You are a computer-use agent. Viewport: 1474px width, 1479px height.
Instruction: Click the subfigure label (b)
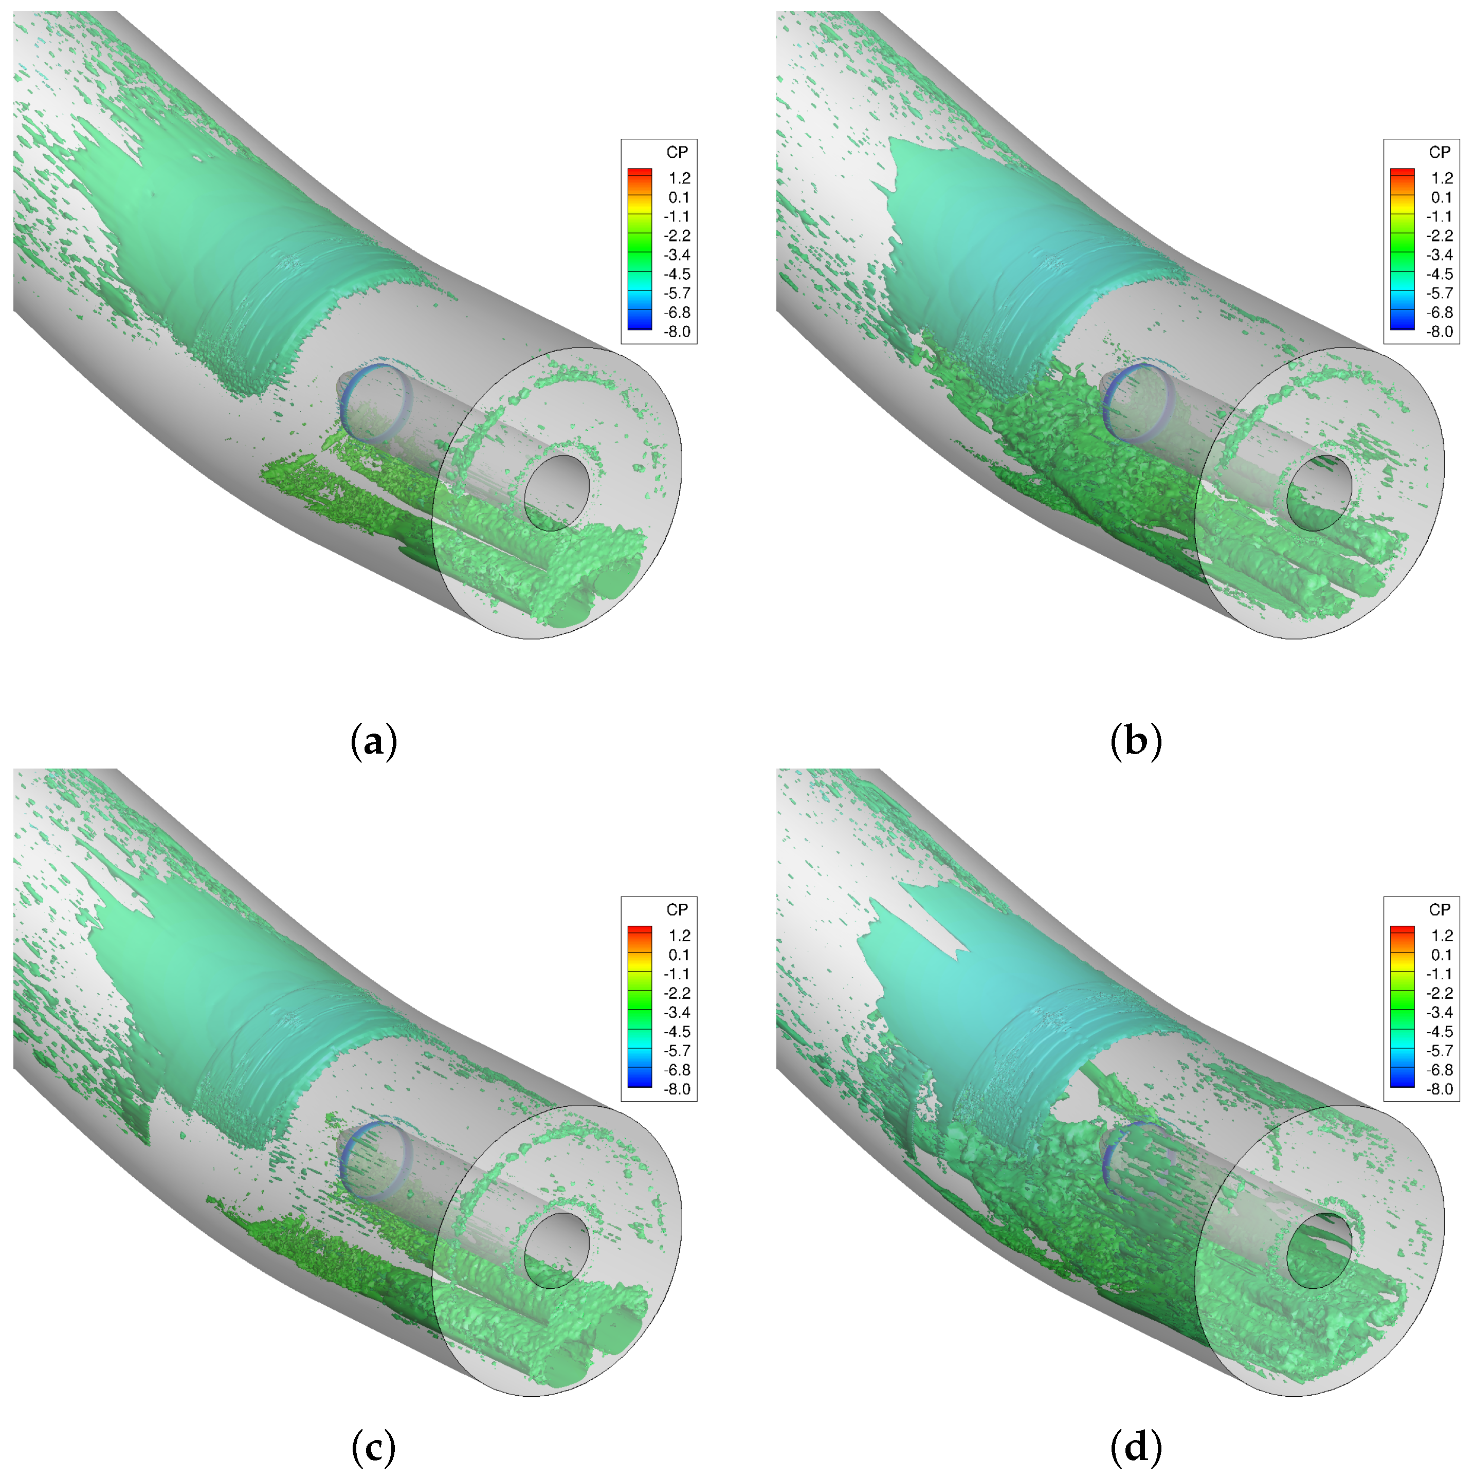[x=1136, y=741]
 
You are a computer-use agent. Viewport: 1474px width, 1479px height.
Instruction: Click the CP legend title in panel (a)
[x=677, y=152]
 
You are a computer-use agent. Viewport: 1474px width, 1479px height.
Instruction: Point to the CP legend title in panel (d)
[x=1440, y=909]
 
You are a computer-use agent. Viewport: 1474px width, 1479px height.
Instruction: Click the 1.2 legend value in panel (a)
[x=679, y=177]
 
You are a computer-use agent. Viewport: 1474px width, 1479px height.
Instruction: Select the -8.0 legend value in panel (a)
[x=677, y=332]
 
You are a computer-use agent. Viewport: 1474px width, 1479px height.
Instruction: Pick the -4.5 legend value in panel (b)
[x=1440, y=274]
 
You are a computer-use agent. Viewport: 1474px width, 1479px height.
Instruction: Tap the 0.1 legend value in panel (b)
[x=1442, y=197]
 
